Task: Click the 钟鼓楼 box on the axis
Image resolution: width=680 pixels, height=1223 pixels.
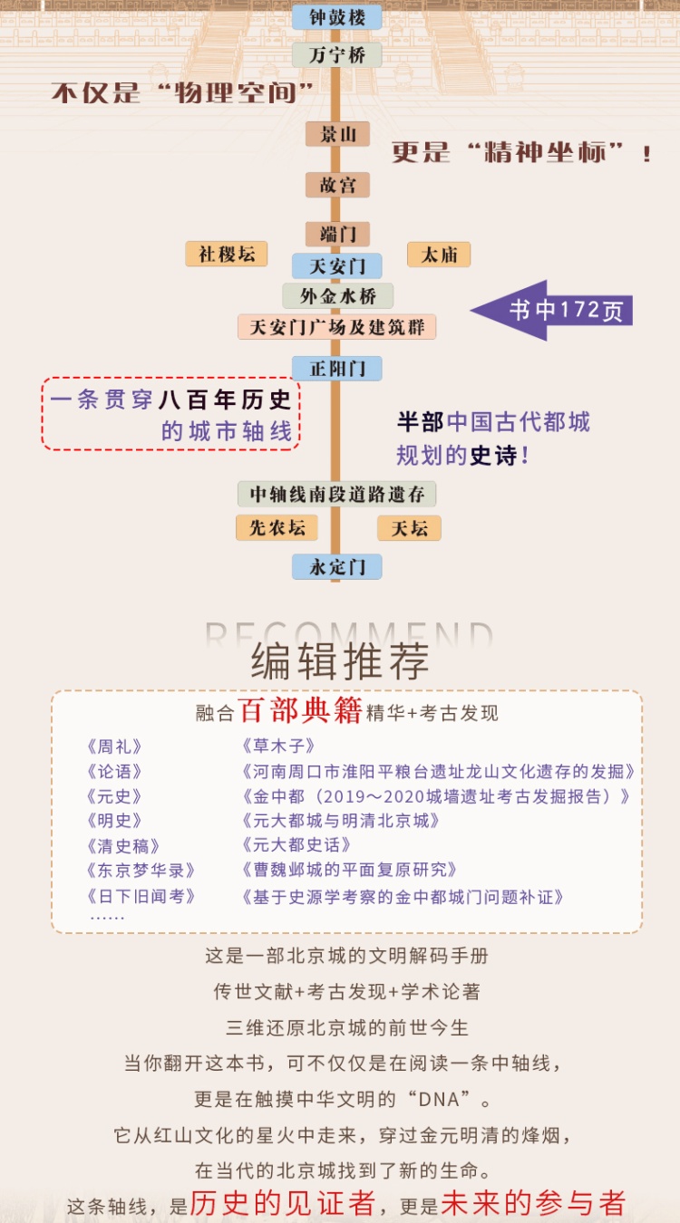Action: [x=337, y=17]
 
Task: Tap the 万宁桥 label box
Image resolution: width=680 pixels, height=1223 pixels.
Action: [x=337, y=55]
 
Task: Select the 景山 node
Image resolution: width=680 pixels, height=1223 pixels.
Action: [x=337, y=135]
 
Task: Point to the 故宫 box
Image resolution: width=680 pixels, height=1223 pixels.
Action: [x=337, y=185]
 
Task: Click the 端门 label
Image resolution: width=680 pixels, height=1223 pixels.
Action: [x=337, y=234]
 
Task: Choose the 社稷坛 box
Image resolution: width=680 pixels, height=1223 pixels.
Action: [x=227, y=255]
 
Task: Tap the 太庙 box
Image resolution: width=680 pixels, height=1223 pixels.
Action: [x=439, y=255]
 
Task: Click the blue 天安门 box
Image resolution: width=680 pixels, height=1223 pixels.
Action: [x=337, y=266]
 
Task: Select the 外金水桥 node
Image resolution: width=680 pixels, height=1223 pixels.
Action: [x=337, y=296]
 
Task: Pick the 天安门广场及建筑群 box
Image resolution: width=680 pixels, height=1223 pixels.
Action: [x=337, y=327]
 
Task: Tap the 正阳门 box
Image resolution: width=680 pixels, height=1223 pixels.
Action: [x=337, y=369]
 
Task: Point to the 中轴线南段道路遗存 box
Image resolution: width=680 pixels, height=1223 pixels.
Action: [x=337, y=494]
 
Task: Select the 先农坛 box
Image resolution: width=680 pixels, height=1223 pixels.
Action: [x=277, y=528]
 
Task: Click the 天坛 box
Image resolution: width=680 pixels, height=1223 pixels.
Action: [x=409, y=528]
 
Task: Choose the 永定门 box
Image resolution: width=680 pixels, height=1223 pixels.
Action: [x=337, y=567]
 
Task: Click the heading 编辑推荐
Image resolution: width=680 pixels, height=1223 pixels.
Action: [x=340, y=663]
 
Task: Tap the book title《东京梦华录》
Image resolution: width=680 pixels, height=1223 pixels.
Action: [x=141, y=870]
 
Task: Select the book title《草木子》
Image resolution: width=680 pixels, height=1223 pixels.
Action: [x=278, y=746]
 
